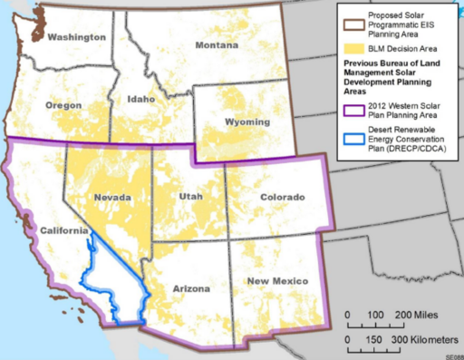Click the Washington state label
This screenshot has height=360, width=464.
72,38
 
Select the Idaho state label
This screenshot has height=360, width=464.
141,98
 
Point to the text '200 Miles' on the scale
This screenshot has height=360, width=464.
412,315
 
